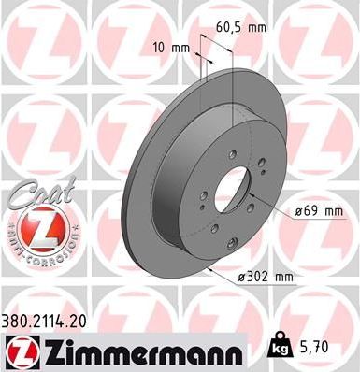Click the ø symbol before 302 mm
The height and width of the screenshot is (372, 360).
click(x=240, y=277)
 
